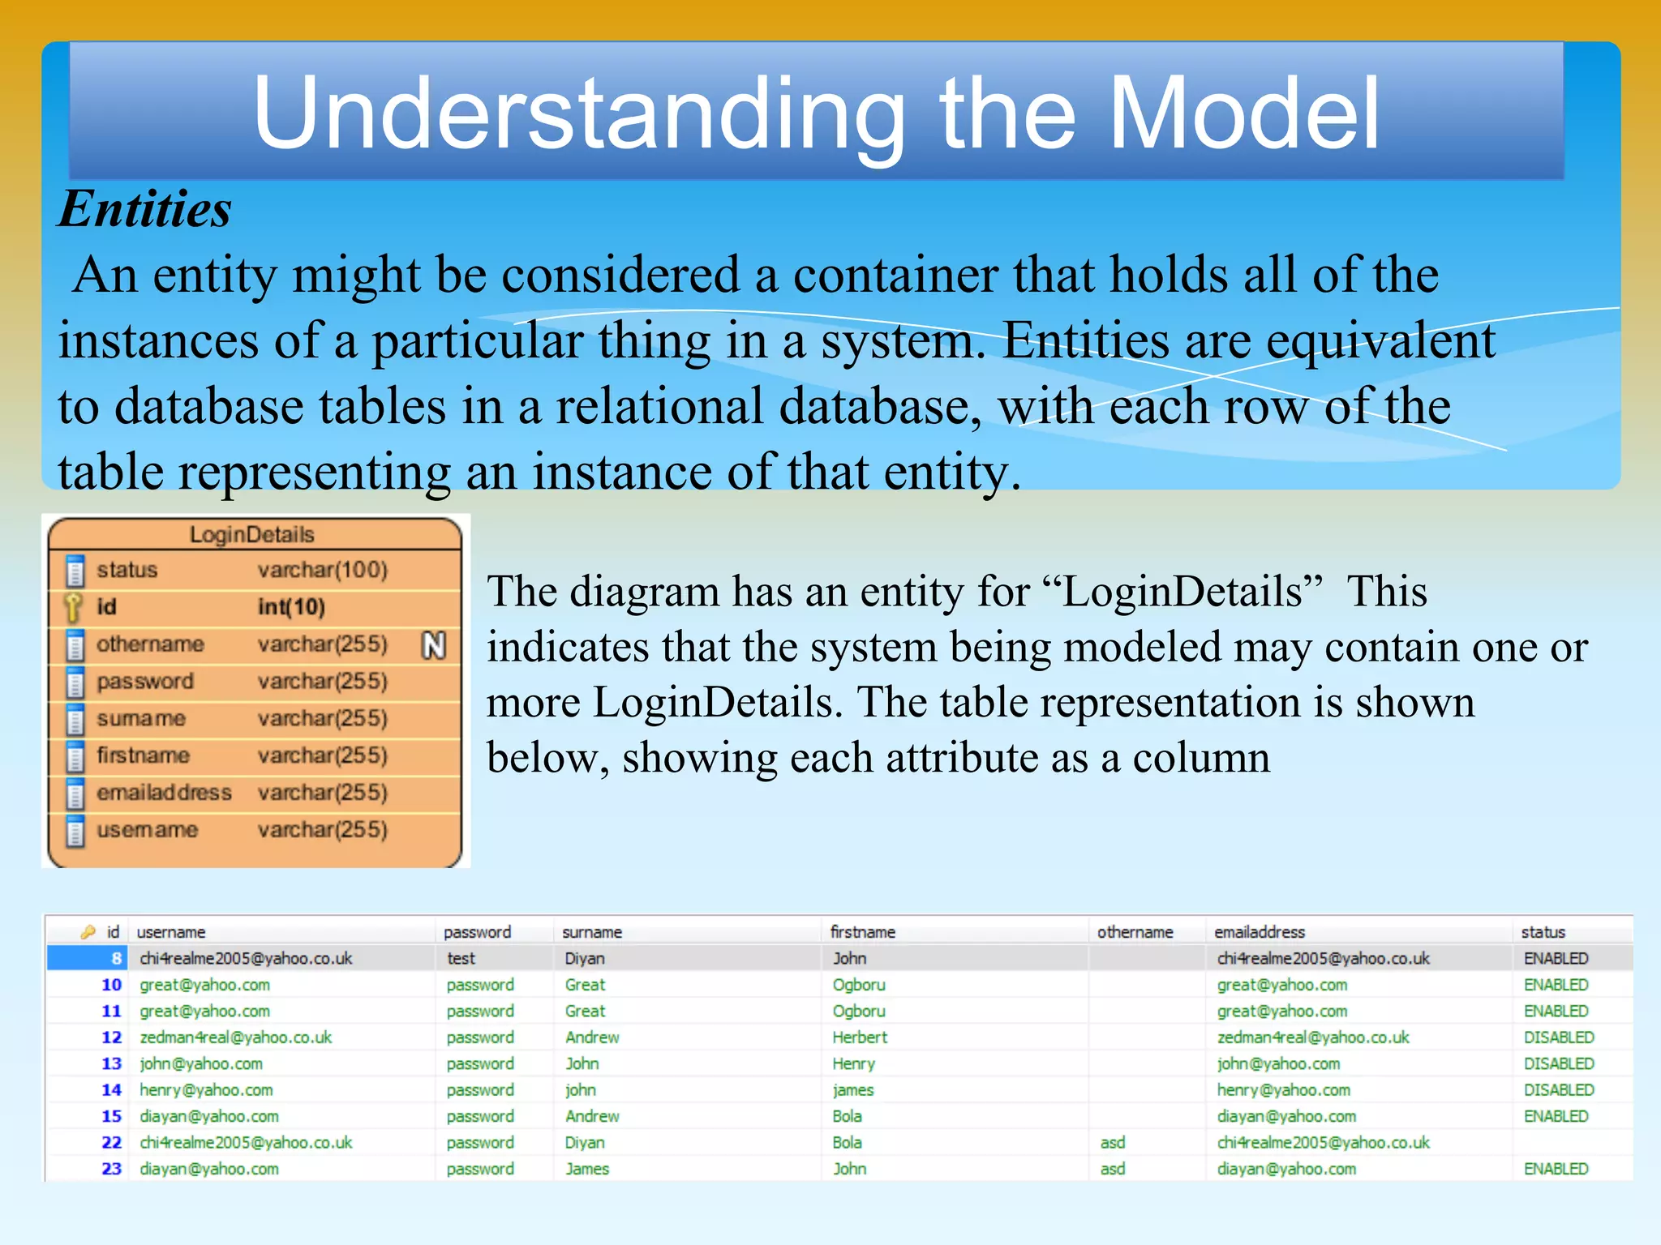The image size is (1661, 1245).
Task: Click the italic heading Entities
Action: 144,209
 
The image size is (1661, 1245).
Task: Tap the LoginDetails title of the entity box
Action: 251,535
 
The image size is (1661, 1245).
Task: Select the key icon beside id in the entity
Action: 74,606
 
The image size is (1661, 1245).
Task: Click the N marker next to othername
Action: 434,645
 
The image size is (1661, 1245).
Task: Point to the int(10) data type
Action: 291,607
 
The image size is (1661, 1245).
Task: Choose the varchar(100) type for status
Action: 322,570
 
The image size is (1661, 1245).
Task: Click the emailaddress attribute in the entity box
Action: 164,792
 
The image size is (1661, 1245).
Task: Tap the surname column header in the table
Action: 592,932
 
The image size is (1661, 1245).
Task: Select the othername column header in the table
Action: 1135,932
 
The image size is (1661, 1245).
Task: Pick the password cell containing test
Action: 461,958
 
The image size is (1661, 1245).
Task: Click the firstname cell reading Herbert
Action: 860,1037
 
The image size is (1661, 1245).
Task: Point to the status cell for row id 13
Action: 1558,1063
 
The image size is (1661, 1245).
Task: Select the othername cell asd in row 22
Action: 1112,1142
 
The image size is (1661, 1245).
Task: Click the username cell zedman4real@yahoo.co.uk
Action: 235,1037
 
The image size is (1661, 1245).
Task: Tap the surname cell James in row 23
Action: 587,1169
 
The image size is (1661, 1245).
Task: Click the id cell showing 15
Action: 111,1116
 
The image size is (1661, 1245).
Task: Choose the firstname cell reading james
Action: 852,1090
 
